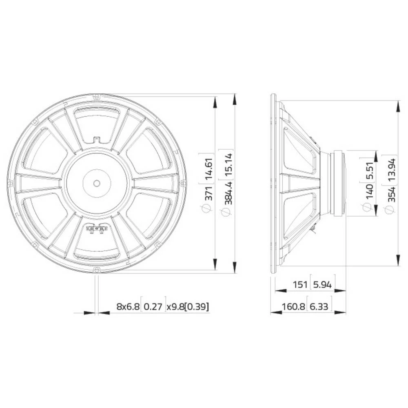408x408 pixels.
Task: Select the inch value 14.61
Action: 208,168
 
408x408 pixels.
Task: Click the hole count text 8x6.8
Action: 127,306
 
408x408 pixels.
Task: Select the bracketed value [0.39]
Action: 197,306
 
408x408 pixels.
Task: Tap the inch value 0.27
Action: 153,306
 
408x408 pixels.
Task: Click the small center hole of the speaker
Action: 97,182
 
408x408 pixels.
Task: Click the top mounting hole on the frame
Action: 97,97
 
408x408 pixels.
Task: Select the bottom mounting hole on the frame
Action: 97,269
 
